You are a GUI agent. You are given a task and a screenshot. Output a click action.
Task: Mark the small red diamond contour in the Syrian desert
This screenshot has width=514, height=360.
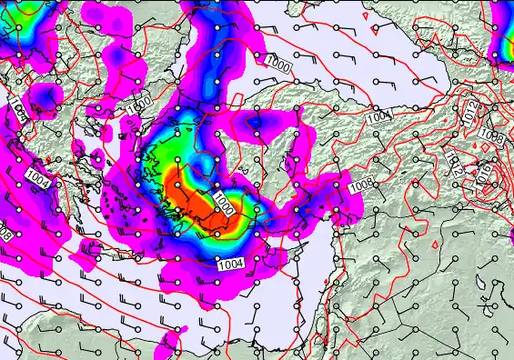(436, 245)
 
